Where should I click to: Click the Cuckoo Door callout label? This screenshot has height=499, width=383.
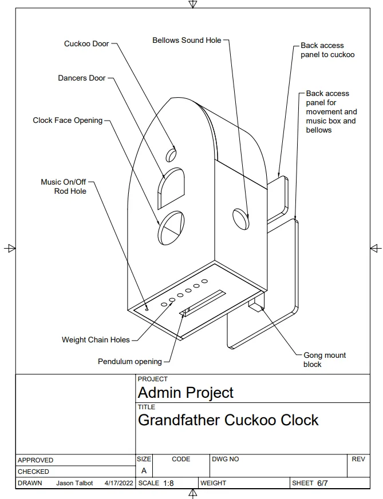[x=86, y=43]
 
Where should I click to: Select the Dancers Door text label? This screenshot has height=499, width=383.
[x=81, y=78]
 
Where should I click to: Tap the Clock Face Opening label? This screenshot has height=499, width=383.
[x=68, y=120]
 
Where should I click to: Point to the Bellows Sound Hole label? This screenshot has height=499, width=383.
[x=187, y=40]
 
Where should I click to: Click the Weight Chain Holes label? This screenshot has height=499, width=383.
[x=96, y=340]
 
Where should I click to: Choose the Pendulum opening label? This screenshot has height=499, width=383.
[x=130, y=361]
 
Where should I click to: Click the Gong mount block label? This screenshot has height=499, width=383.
[x=325, y=360]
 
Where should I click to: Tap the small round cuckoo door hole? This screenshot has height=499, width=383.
[x=171, y=154]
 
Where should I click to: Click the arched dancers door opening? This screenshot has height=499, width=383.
[x=171, y=189]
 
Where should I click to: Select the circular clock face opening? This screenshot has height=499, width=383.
[x=171, y=227]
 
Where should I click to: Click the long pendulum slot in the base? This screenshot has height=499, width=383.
[x=203, y=303]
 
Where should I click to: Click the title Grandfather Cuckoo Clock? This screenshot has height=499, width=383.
[x=228, y=420]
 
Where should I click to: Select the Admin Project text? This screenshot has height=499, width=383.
[x=185, y=392]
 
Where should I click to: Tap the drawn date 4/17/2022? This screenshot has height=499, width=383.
[x=119, y=483]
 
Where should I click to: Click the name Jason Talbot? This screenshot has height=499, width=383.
[x=74, y=483]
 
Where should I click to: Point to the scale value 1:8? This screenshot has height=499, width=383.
[x=168, y=483]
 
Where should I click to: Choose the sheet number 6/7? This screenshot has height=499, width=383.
[x=322, y=483]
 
